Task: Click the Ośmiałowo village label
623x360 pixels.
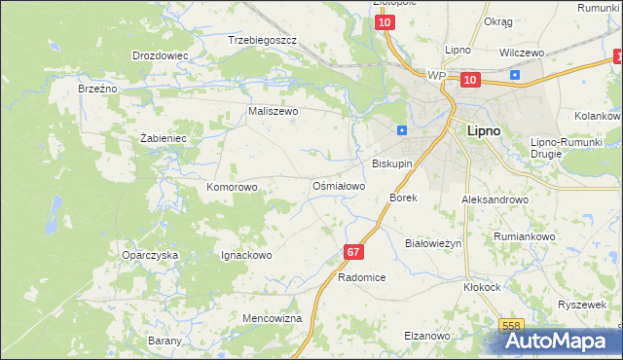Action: [x=338, y=185]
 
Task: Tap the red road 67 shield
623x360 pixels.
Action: [x=352, y=252]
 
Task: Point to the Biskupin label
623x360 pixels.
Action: [x=393, y=164]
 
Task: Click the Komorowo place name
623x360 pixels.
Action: [x=232, y=186]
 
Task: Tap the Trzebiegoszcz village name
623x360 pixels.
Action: [x=261, y=41]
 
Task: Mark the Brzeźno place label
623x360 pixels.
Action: [x=97, y=88]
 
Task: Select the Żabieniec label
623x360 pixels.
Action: [x=163, y=138]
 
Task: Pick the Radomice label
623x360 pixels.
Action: [x=361, y=277]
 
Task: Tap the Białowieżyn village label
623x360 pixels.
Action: [x=432, y=243]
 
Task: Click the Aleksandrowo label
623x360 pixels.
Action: [x=495, y=198]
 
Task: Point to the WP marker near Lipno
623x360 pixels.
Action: [x=436, y=75]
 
